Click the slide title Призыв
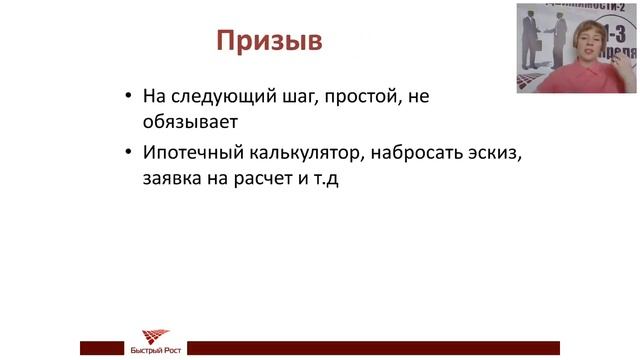point(269,42)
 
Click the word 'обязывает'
point(188,121)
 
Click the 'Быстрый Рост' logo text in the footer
point(155,350)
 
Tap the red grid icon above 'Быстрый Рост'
point(155,336)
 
